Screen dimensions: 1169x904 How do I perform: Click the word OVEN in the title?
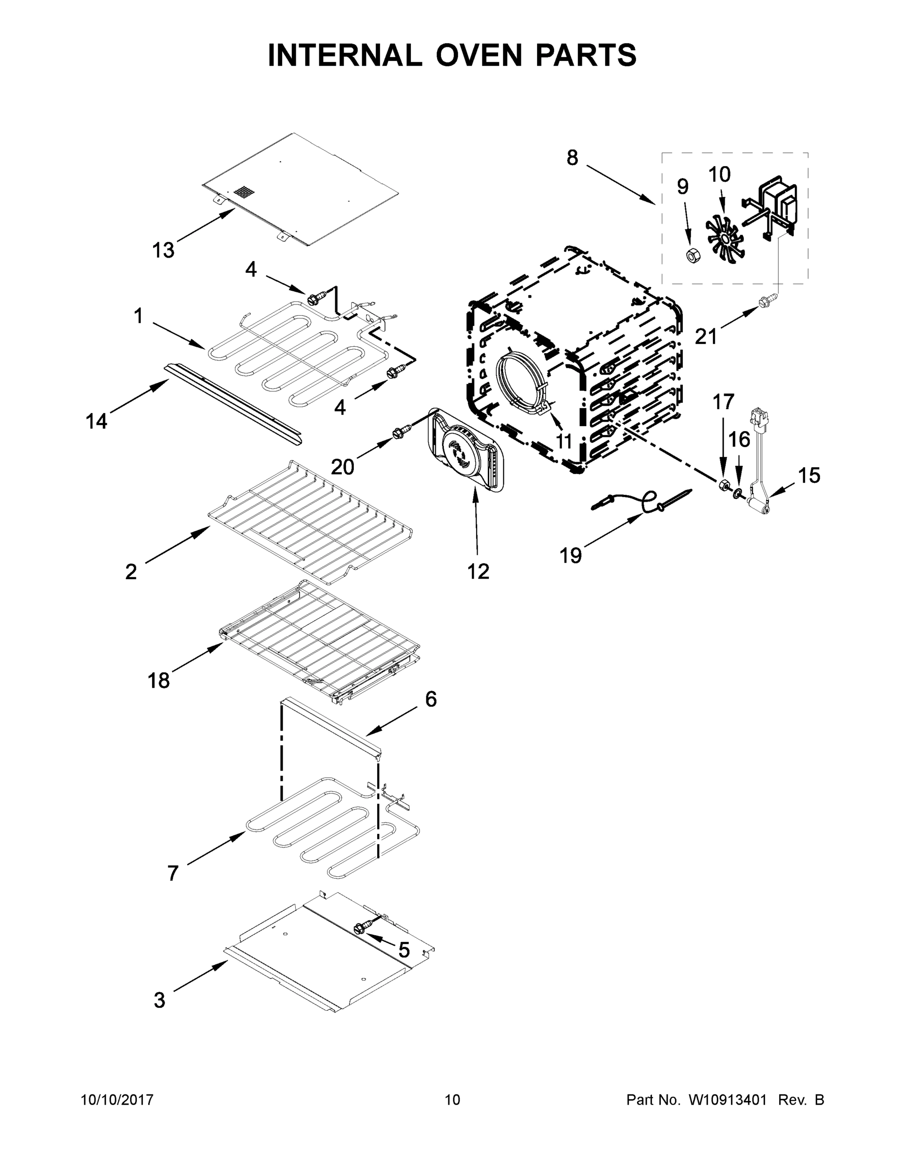478,55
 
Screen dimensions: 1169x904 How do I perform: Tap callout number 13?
163,250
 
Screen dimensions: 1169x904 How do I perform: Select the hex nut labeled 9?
692,255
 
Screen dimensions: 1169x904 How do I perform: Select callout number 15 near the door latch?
809,475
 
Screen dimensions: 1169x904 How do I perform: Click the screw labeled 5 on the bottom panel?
361,927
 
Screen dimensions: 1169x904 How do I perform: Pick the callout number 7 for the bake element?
173,873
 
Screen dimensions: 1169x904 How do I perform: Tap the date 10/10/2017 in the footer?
117,1100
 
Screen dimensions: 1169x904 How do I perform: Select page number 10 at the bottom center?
453,1100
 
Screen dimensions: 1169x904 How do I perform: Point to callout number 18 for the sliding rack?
158,681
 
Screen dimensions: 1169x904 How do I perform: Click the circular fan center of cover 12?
459,453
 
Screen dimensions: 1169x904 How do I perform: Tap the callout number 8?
572,158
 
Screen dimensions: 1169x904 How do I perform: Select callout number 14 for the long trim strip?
96,422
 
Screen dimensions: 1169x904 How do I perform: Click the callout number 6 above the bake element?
431,699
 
